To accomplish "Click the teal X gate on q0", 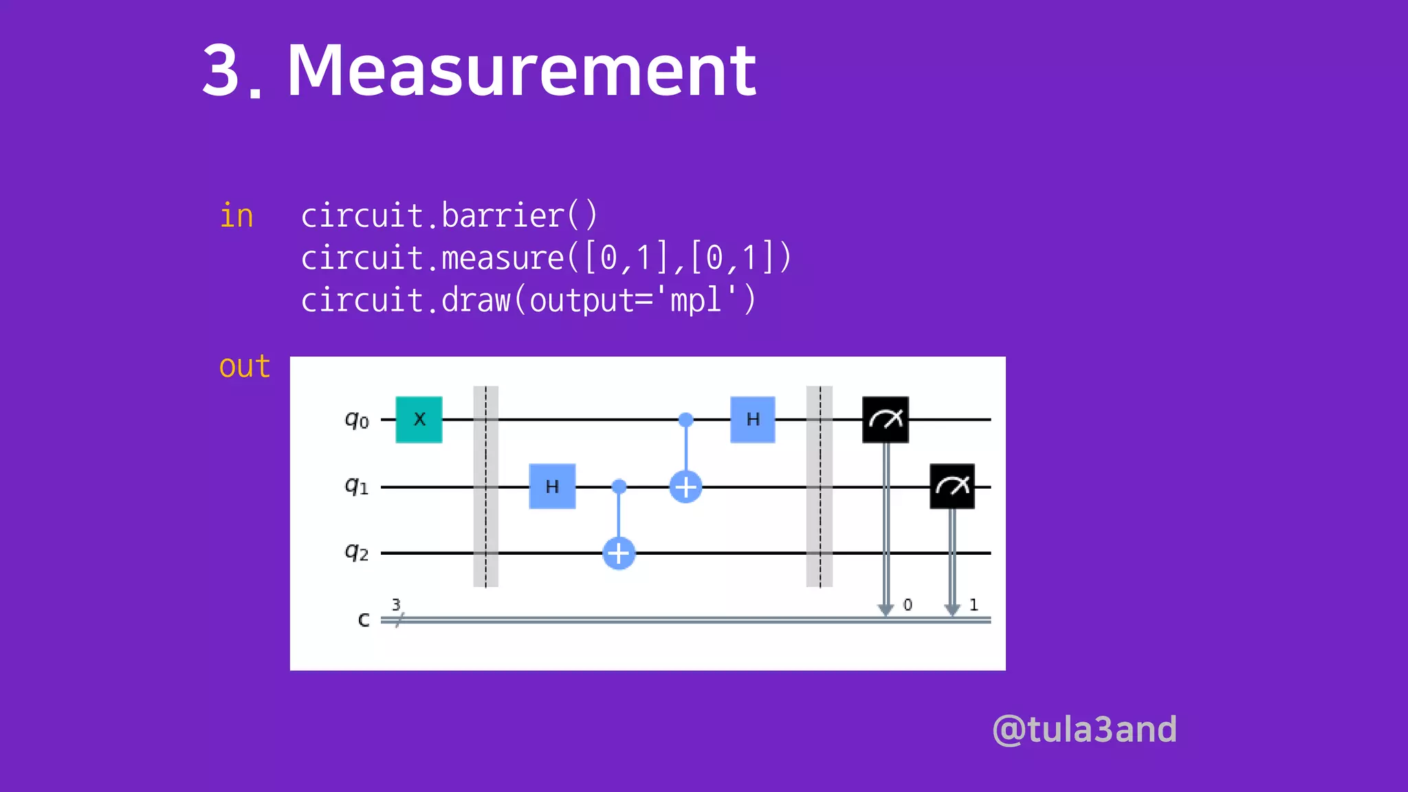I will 419,419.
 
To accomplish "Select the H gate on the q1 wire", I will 552,487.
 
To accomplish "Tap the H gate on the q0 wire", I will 753,419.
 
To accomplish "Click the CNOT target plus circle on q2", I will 619,553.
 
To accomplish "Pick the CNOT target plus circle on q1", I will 685,487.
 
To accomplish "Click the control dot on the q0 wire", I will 685,419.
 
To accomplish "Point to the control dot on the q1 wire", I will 619,487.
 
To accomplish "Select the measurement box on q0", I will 885,419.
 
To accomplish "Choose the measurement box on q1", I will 952,487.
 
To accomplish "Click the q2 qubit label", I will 357,552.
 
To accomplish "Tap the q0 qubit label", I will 357,419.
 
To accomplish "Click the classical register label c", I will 364,620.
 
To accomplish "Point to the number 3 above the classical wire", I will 396,604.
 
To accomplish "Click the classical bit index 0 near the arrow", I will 907,605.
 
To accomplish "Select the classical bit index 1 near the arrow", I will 973,605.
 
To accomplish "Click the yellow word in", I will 236,216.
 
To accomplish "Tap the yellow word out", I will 244,366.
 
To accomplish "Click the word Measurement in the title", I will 521,70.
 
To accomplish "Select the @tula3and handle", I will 1085,729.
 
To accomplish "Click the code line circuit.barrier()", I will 450,216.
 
